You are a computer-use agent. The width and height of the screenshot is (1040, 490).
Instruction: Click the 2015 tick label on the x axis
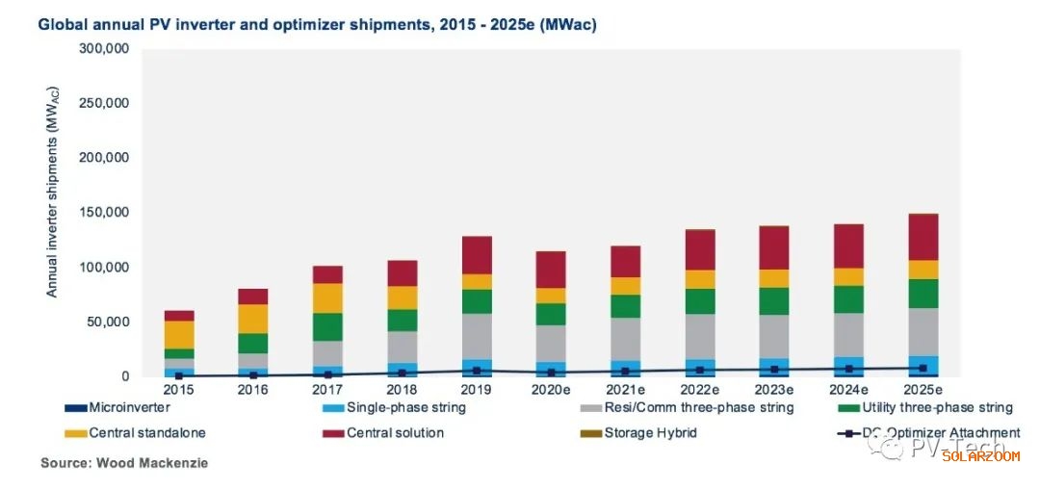pyautogui.click(x=178, y=389)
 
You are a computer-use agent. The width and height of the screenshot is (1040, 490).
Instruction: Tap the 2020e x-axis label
pyautogui.click(x=551, y=389)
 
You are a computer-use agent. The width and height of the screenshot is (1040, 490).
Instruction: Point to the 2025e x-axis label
pyautogui.click(x=923, y=389)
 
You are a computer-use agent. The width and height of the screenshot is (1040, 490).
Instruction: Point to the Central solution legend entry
pyautogui.click(x=395, y=433)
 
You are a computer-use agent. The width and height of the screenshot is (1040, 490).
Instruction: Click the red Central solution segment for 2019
pyautogui.click(x=477, y=255)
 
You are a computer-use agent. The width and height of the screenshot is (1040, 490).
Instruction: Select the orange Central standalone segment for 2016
pyautogui.click(x=253, y=319)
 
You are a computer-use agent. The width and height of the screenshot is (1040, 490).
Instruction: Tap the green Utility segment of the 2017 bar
pyautogui.click(x=327, y=327)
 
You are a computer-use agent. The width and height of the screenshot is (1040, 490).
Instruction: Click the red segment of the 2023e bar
pyautogui.click(x=774, y=247)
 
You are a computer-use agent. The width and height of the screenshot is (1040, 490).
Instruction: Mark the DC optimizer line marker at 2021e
pyautogui.click(x=625, y=371)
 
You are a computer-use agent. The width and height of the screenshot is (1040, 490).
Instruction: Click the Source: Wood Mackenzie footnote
pyautogui.click(x=124, y=463)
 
